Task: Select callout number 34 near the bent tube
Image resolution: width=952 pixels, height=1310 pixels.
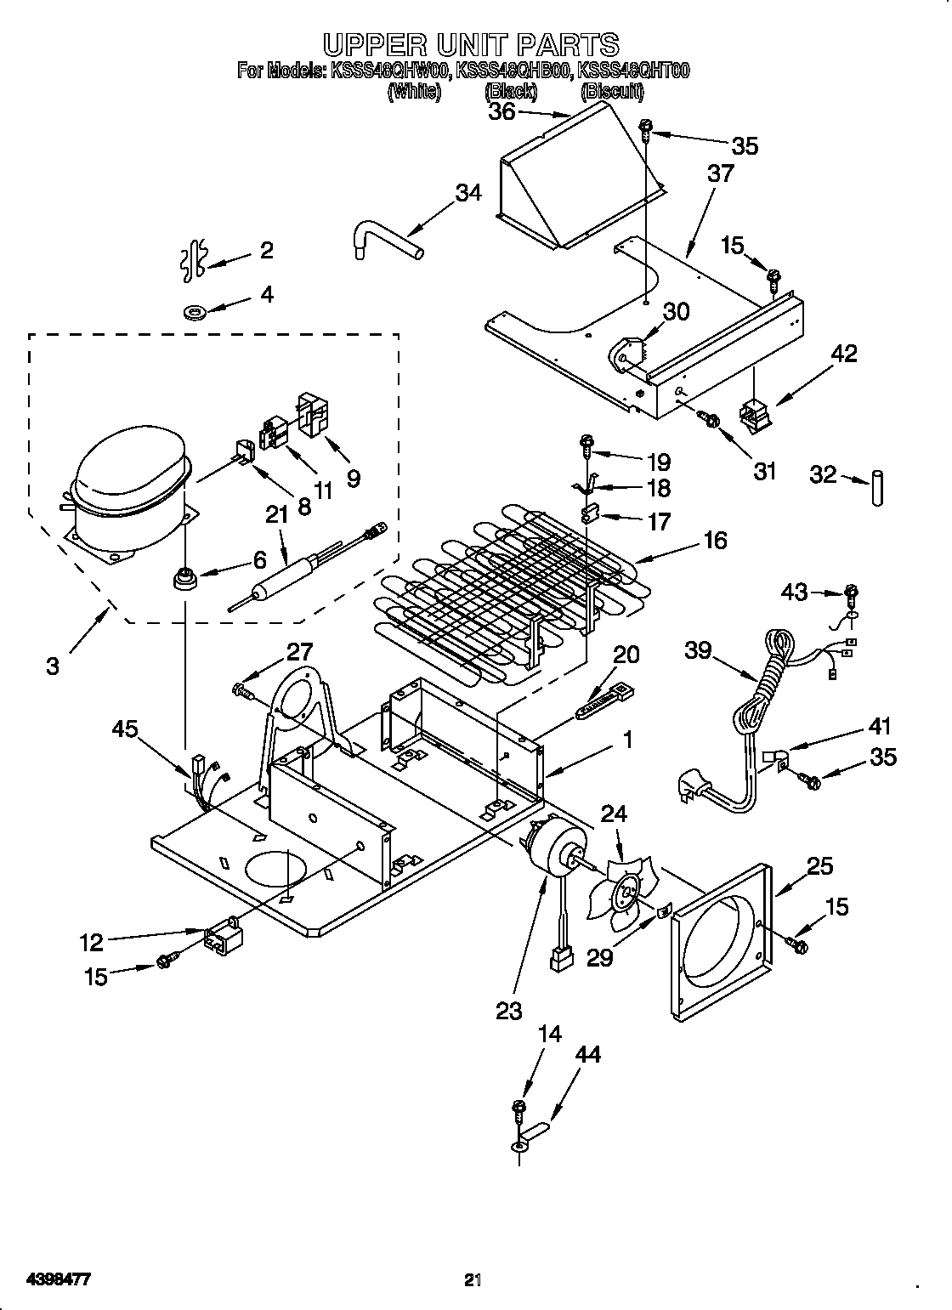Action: (x=468, y=193)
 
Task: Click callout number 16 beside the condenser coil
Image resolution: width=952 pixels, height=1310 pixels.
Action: (x=715, y=540)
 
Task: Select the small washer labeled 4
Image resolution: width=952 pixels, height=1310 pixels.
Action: (x=195, y=313)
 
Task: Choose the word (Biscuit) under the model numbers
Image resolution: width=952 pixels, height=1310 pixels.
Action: (x=613, y=92)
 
